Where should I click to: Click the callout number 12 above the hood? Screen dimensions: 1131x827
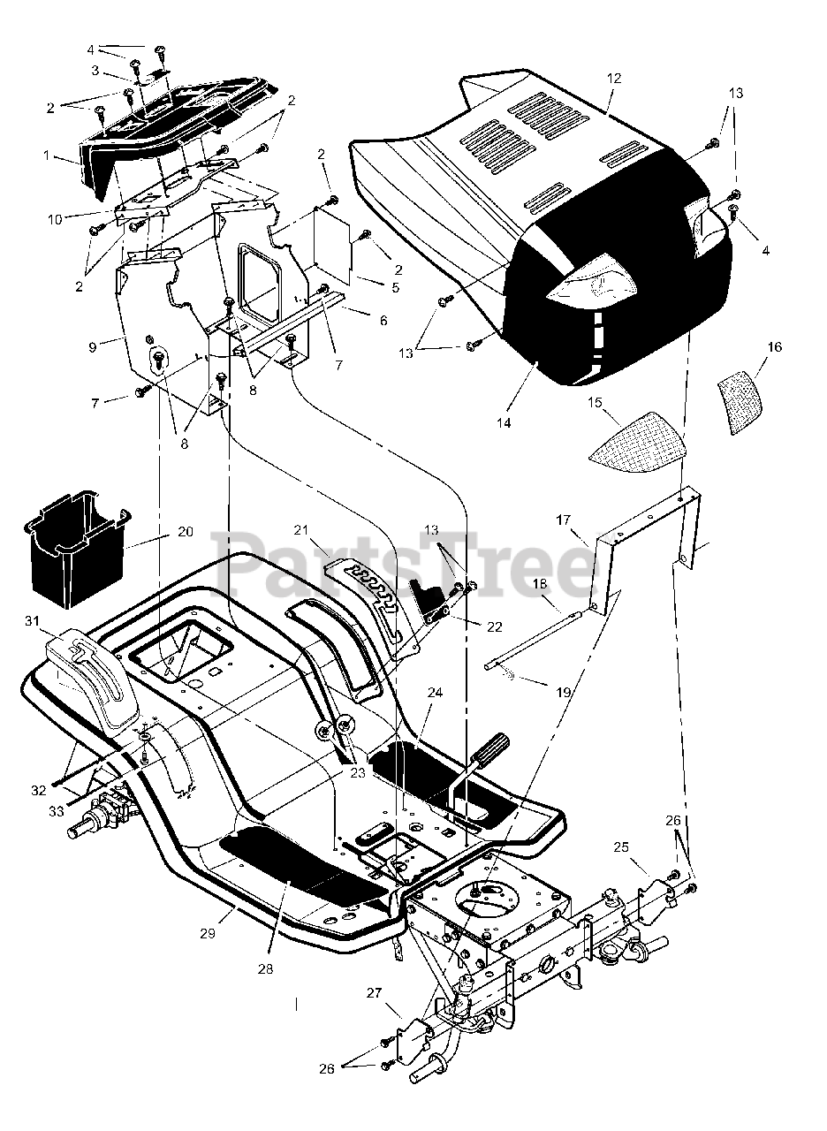pyautogui.click(x=614, y=79)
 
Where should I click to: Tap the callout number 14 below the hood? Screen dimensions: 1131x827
pyautogui.click(x=503, y=422)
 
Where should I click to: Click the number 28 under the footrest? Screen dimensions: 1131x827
pyautogui.click(x=265, y=968)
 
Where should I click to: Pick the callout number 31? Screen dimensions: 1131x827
pyautogui.click(x=33, y=622)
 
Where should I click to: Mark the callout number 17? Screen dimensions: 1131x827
pyautogui.click(x=563, y=520)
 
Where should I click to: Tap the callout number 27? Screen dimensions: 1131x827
pyautogui.click(x=374, y=992)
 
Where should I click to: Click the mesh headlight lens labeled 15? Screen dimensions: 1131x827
pyautogui.click(x=637, y=436)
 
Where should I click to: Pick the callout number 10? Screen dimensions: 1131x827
pyautogui.click(x=55, y=218)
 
